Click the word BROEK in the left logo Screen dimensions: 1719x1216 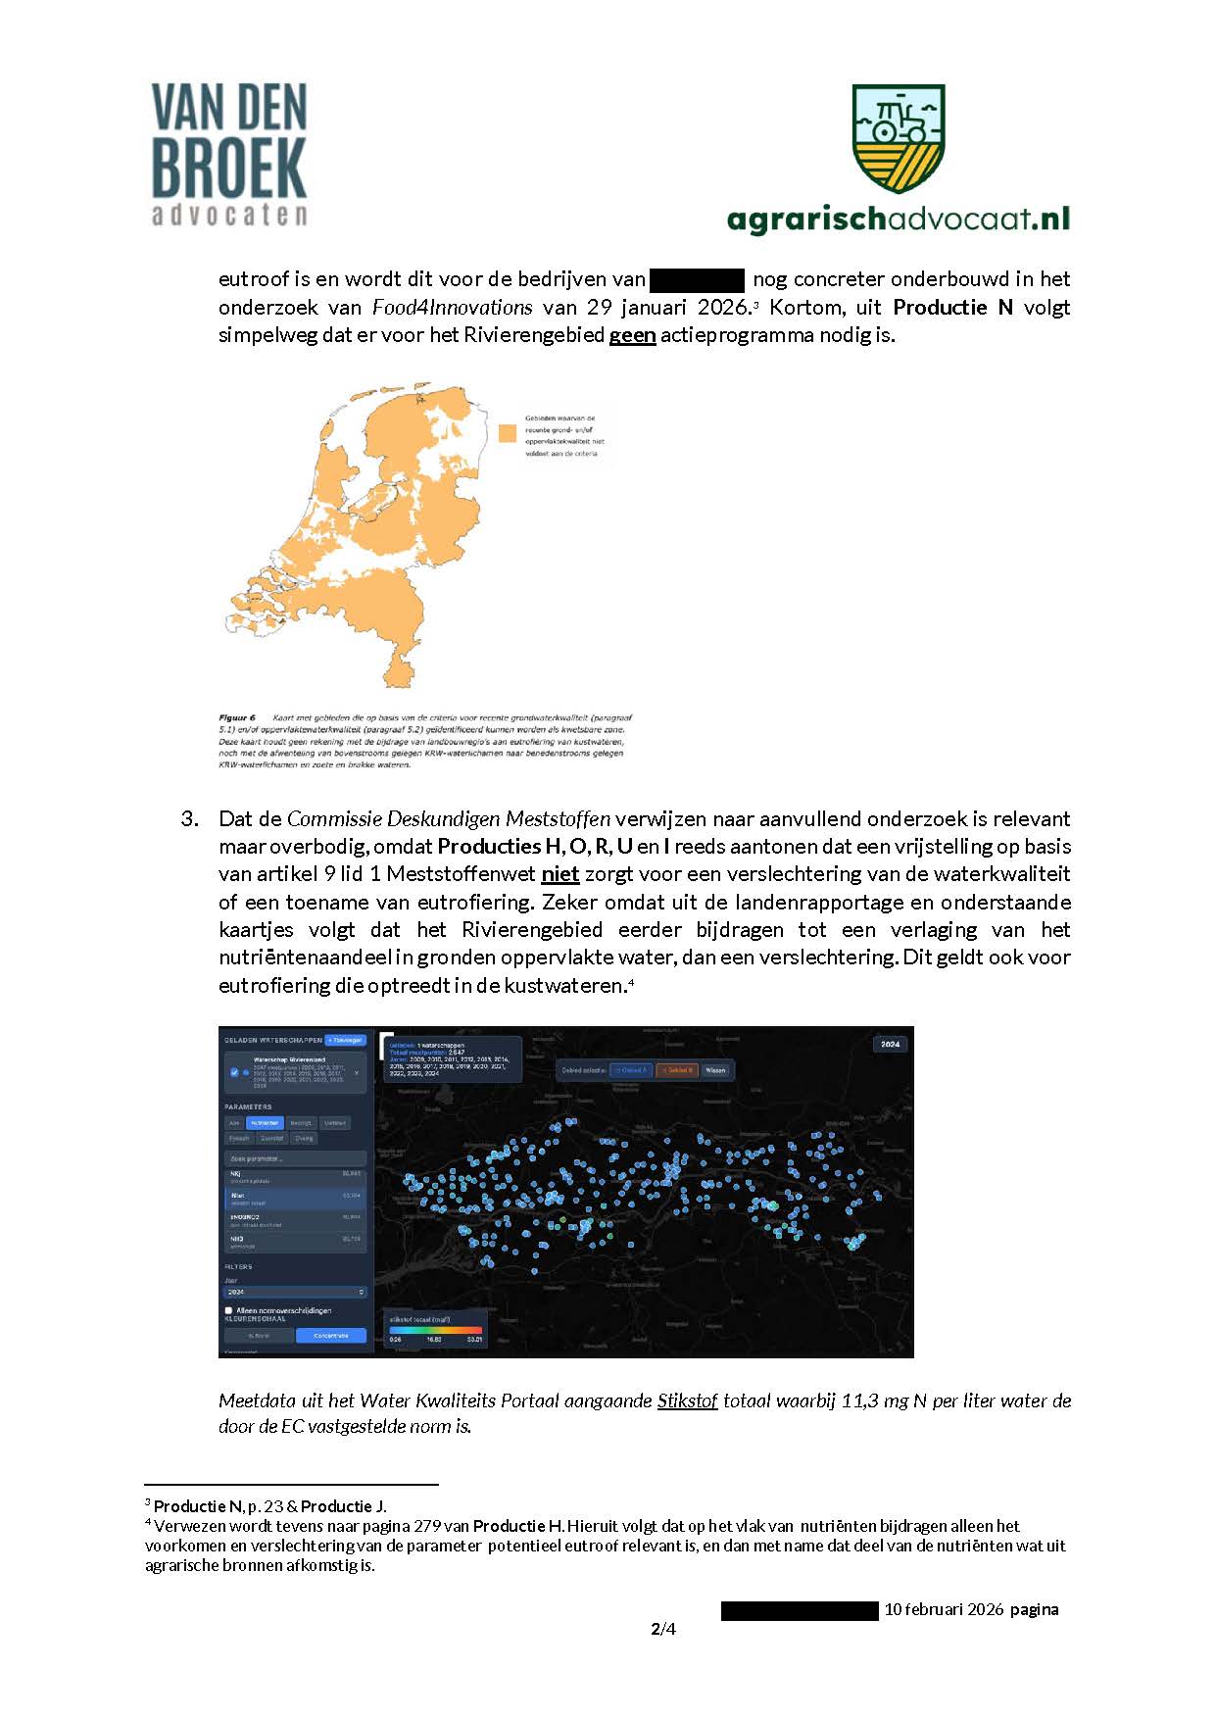229,168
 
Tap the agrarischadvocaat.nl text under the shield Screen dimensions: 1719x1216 898,219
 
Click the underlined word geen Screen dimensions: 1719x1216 632,335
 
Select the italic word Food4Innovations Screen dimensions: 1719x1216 452,308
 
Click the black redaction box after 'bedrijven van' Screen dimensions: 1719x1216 697,279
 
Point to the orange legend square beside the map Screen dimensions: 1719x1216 507,433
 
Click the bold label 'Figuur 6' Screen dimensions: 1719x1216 237,717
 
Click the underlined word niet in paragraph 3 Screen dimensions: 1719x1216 559,874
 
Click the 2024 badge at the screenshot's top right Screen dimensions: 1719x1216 890,1044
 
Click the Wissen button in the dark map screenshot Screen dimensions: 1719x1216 716,1070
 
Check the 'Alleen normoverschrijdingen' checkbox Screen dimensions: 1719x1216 229,1310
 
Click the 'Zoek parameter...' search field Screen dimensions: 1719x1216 294,1158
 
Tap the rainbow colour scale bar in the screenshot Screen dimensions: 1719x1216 435,1330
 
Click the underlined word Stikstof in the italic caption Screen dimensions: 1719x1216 687,1400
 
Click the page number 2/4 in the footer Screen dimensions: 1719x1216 663,1629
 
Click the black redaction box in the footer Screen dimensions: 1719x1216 800,1610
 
